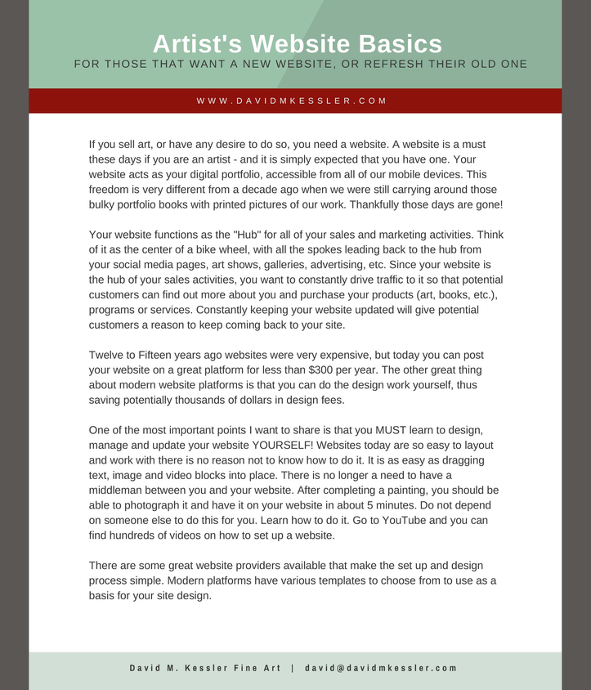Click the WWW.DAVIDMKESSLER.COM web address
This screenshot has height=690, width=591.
pos(292,101)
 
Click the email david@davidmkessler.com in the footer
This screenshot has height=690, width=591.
pos(381,668)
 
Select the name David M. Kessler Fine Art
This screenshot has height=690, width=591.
pos(205,668)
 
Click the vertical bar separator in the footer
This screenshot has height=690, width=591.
pos(292,668)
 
